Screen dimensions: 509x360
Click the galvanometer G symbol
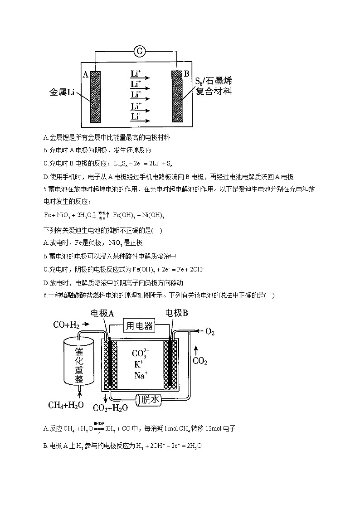pyautogui.click(x=139, y=52)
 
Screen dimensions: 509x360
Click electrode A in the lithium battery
pyautogui.click(x=95, y=97)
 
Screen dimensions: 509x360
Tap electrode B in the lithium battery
pyautogui.click(x=176, y=97)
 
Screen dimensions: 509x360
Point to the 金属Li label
pyautogui.click(x=62, y=93)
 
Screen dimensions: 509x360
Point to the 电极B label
pyautogui.click(x=177, y=313)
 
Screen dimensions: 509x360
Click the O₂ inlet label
pyautogui.click(x=209, y=332)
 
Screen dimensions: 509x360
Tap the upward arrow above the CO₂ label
pyautogui.click(x=195, y=350)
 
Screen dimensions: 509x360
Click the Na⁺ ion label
pyautogui.click(x=140, y=375)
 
